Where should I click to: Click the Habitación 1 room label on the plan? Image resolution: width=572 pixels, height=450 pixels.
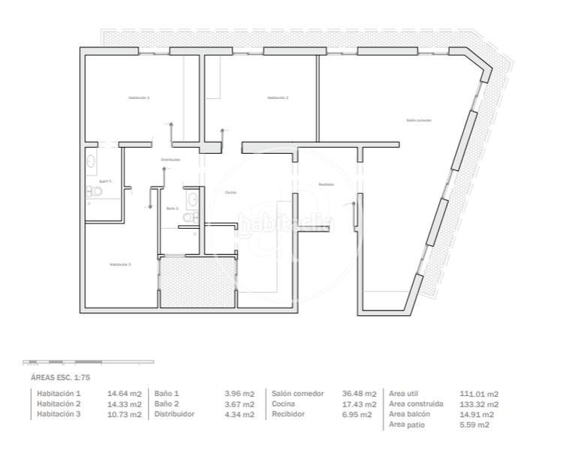tap(139, 98)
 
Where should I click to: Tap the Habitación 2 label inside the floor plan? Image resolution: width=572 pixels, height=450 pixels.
tap(278, 97)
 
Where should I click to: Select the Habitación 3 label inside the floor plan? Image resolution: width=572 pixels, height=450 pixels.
tap(120, 264)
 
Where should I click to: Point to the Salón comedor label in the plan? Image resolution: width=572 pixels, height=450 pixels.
tap(419, 120)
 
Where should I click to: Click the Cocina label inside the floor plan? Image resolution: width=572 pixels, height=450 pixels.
tap(230, 193)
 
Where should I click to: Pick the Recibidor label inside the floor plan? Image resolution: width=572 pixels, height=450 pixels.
tap(325, 184)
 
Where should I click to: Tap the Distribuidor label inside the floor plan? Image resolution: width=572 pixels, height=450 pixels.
tap(170, 160)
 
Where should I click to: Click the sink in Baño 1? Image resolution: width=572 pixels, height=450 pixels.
tap(91, 160)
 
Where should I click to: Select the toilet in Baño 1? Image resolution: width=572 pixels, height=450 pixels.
tap(95, 192)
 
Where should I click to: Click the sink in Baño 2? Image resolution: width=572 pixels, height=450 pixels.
tap(192, 199)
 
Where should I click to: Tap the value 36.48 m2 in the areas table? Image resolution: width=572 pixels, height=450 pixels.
tap(359, 394)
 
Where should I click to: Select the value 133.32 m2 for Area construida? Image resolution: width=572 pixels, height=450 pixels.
tap(478, 404)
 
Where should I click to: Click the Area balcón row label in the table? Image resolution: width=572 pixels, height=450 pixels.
tap(409, 414)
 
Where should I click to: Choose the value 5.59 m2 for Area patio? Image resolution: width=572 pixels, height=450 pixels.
tap(474, 424)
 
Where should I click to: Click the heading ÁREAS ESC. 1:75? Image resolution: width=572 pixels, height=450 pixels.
tap(60, 378)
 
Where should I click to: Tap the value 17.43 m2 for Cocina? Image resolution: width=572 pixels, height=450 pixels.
tap(359, 404)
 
